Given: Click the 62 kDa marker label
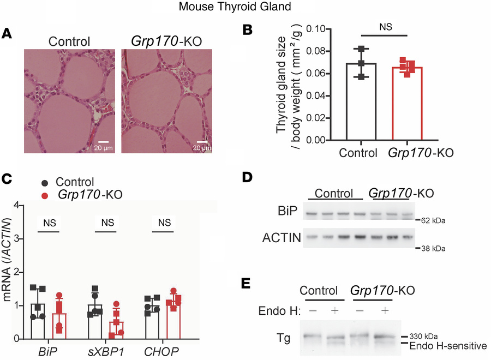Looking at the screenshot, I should click(x=434, y=220).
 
